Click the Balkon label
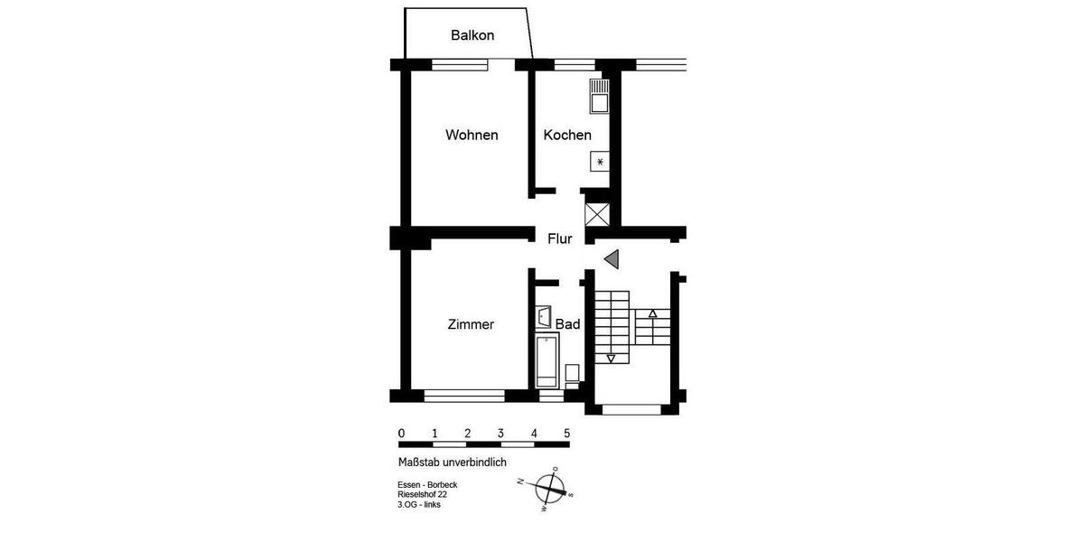click(472, 36)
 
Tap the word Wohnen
click(472, 135)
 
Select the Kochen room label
click(567, 135)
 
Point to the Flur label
click(560, 239)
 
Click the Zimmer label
click(471, 325)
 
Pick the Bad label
click(567, 324)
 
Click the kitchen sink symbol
click(600, 95)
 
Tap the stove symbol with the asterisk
click(600, 162)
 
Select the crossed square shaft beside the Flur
click(598, 215)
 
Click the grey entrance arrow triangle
click(612, 259)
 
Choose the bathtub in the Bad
click(547, 360)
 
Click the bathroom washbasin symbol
click(544, 317)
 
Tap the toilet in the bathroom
click(572, 374)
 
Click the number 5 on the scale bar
click(567, 433)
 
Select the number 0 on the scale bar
click(401, 433)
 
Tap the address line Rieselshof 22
click(423, 495)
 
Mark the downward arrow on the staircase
click(612, 359)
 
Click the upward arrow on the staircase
click(653, 313)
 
